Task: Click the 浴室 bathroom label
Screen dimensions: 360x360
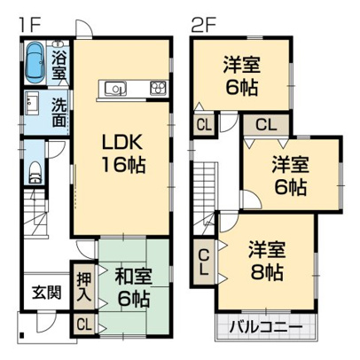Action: point(59,63)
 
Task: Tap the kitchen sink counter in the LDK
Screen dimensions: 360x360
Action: point(117,89)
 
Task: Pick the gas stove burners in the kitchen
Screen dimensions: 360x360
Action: point(159,88)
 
